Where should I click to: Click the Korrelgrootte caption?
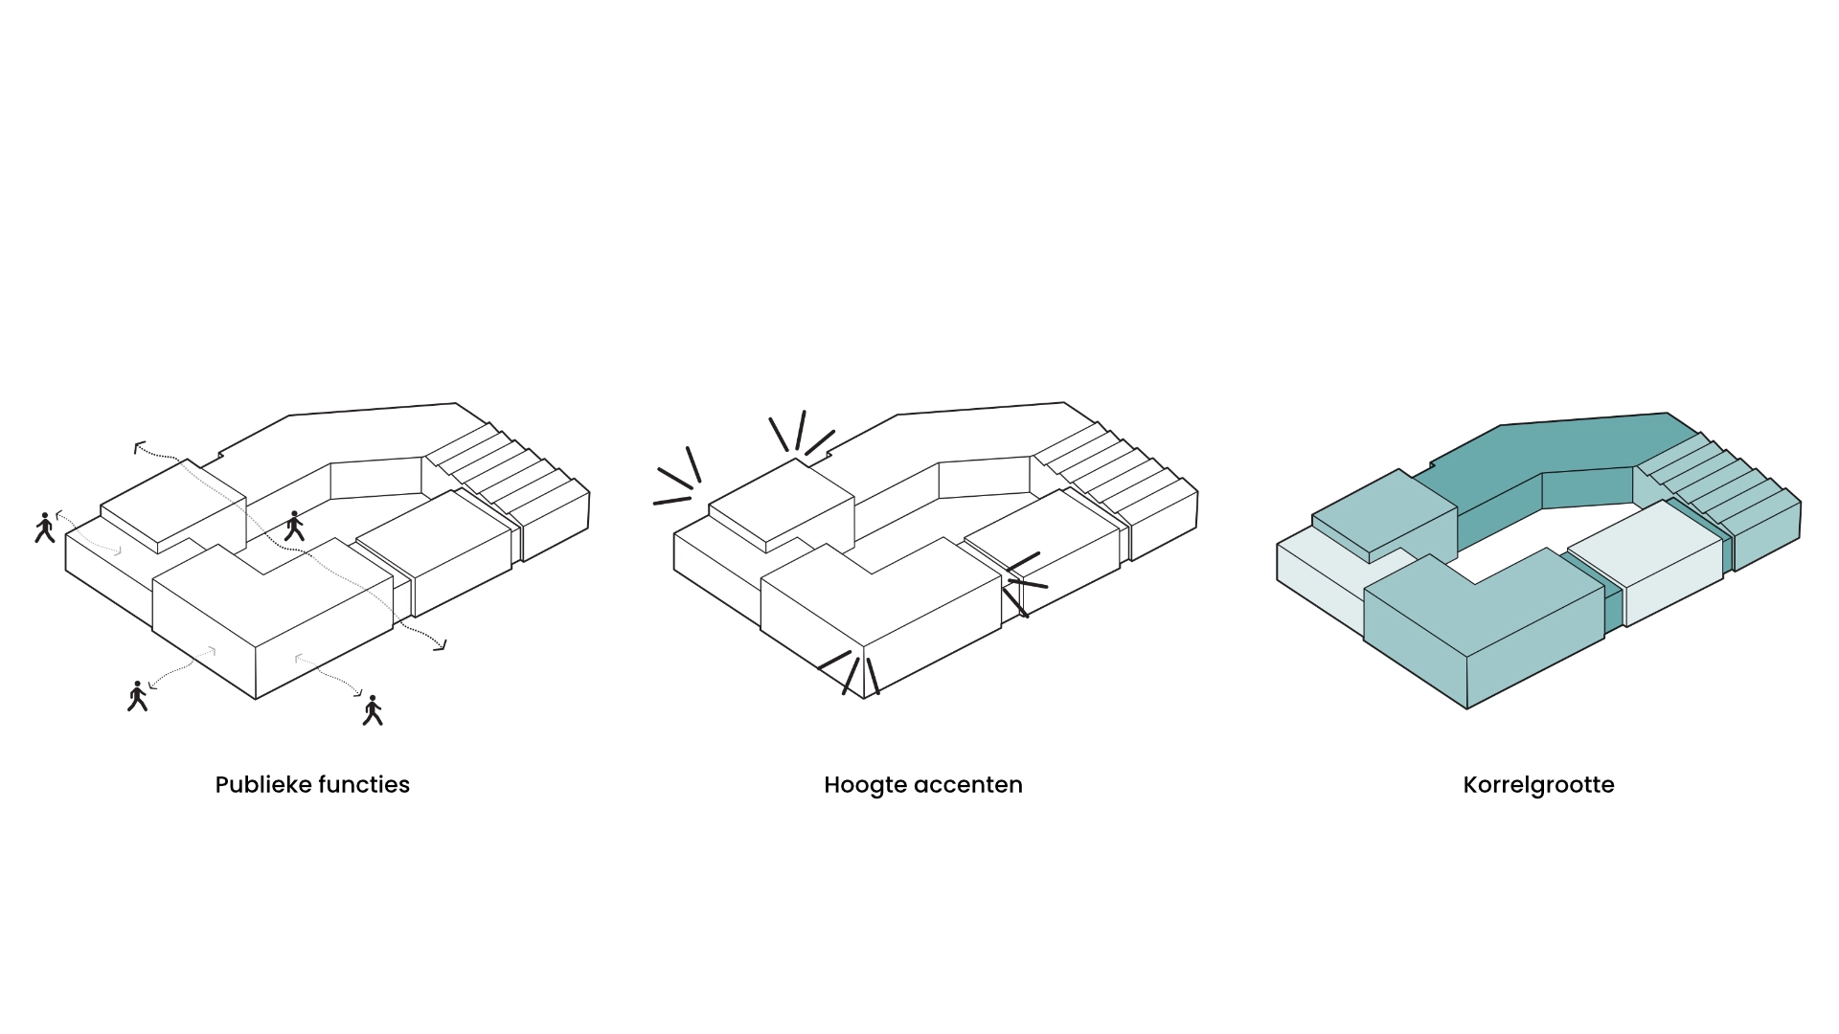pyautogui.click(x=1538, y=785)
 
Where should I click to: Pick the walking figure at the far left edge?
pyautogui.click(x=44, y=528)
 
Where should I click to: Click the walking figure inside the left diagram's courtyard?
pyautogui.click(x=294, y=526)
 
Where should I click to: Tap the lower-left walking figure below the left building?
pyautogui.click(x=138, y=696)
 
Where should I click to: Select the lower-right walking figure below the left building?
pyautogui.click(x=373, y=710)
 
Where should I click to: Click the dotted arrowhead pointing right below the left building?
pyautogui.click(x=440, y=645)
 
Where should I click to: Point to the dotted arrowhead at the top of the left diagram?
pyautogui.click(x=140, y=446)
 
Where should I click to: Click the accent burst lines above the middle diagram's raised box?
pyautogui.click(x=801, y=432)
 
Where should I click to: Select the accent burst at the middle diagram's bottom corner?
pyautogui.click(x=849, y=672)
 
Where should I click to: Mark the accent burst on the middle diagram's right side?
pyautogui.click(x=1024, y=584)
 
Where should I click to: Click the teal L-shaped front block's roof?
pyautogui.click(x=1485, y=599)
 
